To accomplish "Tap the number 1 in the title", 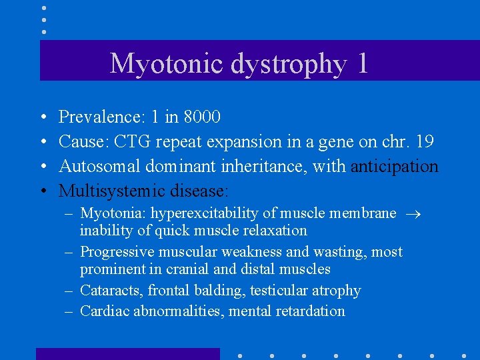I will [362, 63].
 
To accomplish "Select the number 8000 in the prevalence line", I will [202, 117].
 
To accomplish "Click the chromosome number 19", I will [423, 142].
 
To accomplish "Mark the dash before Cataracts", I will [70, 291].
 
